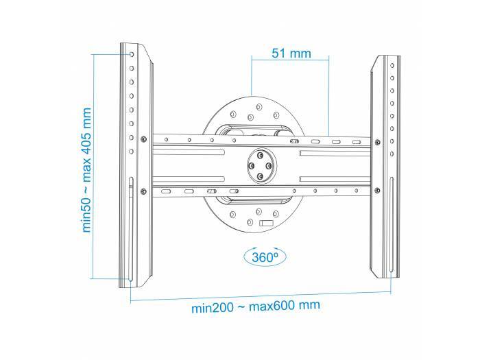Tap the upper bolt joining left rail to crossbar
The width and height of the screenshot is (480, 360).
143,139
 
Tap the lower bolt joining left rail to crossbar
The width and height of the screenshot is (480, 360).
143,190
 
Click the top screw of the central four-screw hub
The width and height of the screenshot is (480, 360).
261,155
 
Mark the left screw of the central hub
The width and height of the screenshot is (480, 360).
252,165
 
